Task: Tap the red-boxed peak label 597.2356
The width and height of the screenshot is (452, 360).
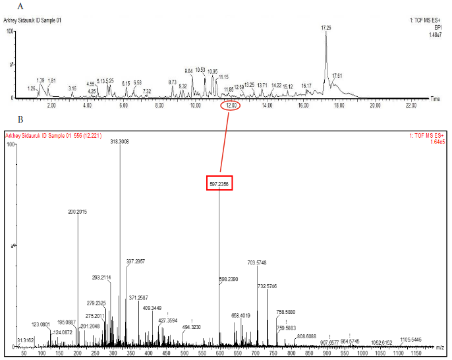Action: (x=219, y=183)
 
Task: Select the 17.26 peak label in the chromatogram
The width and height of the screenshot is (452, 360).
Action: (x=325, y=27)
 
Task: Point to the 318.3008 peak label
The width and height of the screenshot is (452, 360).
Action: (x=119, y=140)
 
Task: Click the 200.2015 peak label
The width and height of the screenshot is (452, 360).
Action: (x=78, y=212)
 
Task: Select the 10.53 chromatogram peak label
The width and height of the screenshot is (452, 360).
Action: (x=200, y=69)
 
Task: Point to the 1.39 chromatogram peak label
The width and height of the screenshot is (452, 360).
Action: (x=41, y=80)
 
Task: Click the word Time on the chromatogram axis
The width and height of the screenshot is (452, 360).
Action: (x=436, y=98)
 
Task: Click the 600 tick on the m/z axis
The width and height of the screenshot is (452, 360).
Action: (x=219, y=354)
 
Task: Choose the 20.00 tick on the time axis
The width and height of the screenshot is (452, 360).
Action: (x=375, y=105)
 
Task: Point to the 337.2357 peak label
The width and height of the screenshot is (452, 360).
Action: (x=135, y=261)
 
